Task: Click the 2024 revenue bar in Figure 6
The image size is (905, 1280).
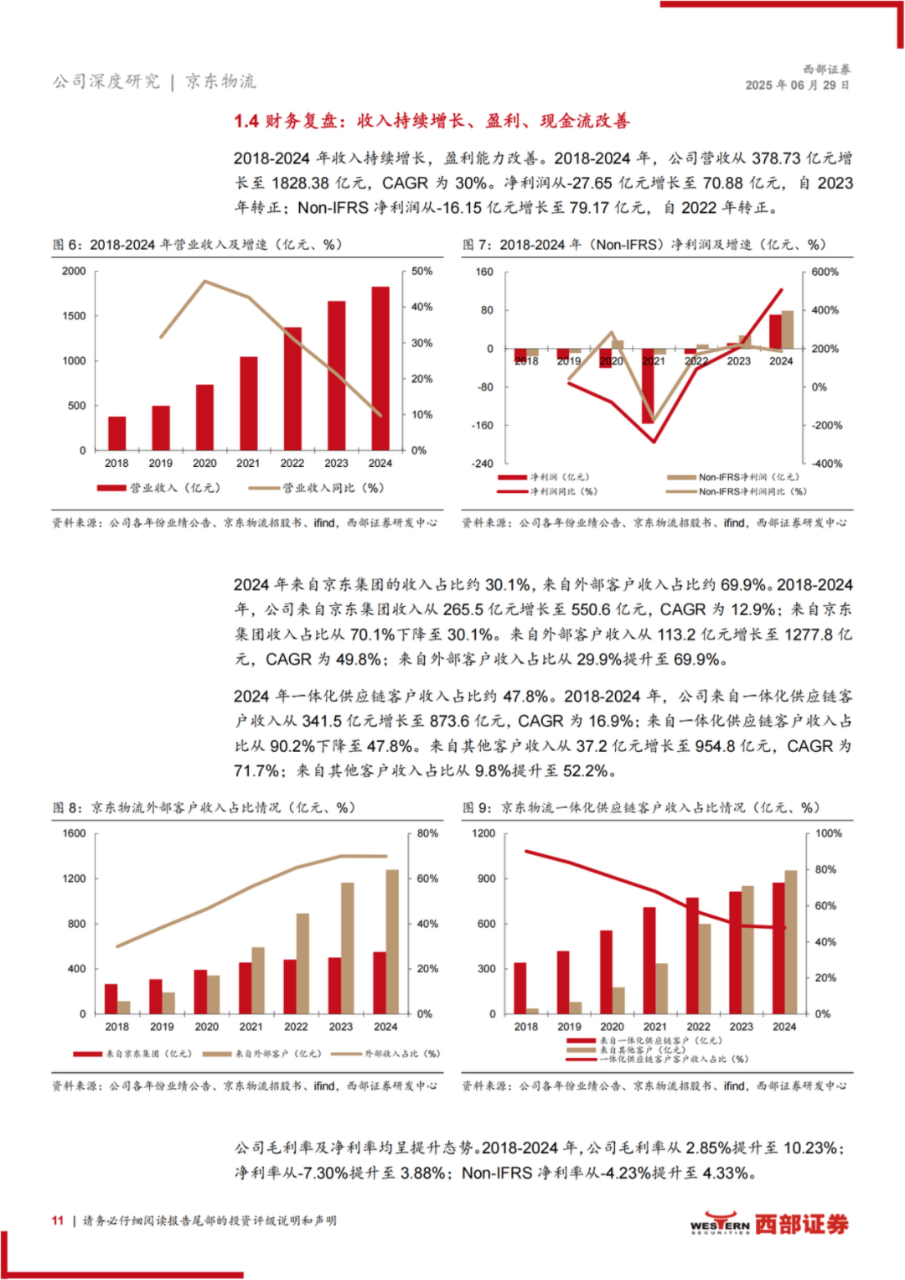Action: click(380, 369)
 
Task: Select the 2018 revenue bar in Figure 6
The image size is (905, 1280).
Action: click(117, 433)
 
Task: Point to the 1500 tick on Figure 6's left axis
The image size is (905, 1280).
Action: click(74, 316)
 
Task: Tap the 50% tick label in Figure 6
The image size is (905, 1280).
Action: click(422, 272)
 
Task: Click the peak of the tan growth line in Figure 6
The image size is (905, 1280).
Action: click(205, 281)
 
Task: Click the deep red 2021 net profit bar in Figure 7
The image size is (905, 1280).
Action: click(647, 386)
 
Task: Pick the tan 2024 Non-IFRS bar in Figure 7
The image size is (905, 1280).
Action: click(788, 329)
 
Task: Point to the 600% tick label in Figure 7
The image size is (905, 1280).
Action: click(825, 272)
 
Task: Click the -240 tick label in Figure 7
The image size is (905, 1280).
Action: click(482, 464)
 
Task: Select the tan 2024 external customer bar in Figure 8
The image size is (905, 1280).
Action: click(392, 941)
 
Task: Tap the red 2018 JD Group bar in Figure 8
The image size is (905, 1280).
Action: click(111, 999)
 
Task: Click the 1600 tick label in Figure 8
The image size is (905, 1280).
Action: click(74, 834)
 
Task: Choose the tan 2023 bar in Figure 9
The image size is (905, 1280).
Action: click(747, 950)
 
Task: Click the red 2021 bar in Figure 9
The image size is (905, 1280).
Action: click(649, 961)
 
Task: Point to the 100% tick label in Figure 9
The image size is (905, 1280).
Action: click(829, 834)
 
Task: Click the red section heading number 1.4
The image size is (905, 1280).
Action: click(246, 122)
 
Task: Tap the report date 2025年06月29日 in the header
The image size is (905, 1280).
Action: click(798, 86)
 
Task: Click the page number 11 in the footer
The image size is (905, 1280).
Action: click(58, 1220)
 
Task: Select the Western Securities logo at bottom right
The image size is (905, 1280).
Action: click(769, 1224)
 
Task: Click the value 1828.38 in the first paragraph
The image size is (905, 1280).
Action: click(301, 183)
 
